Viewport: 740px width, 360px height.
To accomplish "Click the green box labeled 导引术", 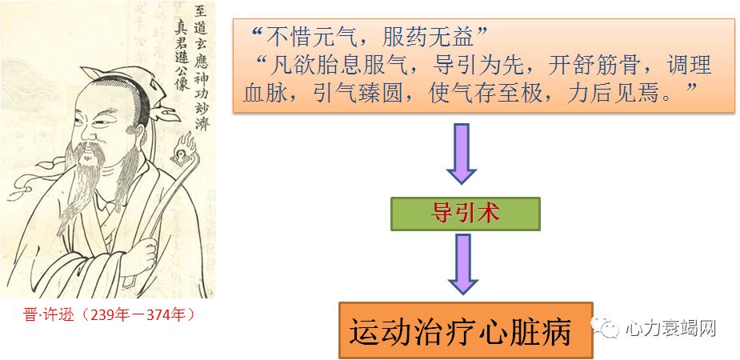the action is (465, 214).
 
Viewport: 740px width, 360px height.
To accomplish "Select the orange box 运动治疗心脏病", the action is (465, 330).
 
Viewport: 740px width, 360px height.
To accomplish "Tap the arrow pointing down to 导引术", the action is (462, 153).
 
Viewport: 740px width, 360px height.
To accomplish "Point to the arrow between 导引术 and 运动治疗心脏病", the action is (463, 262).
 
